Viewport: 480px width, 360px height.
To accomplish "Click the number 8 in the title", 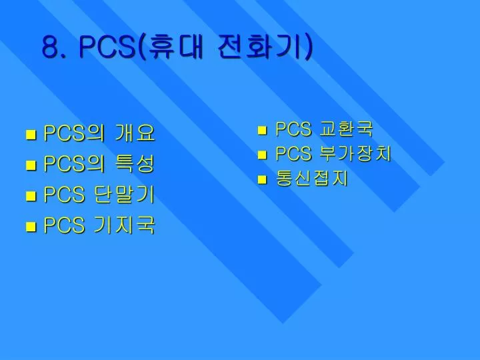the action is click(x=50, y=47).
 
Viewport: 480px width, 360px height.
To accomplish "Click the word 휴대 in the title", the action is click(x=173, y=46).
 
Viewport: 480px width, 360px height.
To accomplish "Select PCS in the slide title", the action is click(x=107, y=47).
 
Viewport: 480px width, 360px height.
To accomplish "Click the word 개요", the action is click(x=135, y=133).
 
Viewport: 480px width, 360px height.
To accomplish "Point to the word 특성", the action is click(x=135, y=163).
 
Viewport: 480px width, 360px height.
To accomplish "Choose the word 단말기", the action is click(x=124, y=195).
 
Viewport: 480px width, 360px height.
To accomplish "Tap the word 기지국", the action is click(x=124, y=225).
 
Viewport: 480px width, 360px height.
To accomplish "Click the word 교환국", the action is click(x=346, y=129).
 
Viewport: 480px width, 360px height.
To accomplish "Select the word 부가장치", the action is click(x=355, y=153).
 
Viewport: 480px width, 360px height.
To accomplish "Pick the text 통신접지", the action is click(x=312, y=178).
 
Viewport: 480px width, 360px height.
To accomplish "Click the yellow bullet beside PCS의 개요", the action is click(x=31, y=135).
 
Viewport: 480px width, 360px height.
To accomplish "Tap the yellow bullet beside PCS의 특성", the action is click(x=31, y=165).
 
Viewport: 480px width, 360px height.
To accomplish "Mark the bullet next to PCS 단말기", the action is click(x=31, y=196).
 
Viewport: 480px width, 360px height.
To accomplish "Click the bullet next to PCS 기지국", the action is click(x=31, y=227).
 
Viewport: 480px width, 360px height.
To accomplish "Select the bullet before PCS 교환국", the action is click(x=262, y=131).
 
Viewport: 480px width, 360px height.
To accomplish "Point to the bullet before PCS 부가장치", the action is click(x=262, y=155).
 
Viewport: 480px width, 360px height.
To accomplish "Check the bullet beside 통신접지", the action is click(x=262, y=180).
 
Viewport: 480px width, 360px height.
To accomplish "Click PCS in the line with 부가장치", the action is click(x=293, y=153).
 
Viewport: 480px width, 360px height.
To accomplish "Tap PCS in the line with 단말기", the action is click(x=64, y=195).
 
